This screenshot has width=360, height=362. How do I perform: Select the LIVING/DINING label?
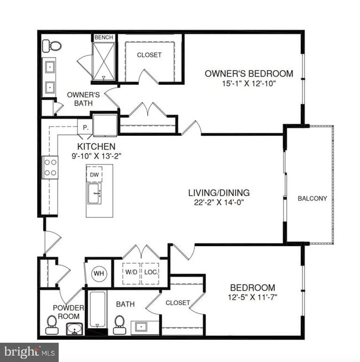(x=219, y=193)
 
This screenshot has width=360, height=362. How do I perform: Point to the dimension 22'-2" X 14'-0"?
(x=219, y=202)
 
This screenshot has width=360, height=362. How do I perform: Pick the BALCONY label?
(x=312, y=198)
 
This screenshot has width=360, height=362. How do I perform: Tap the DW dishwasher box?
(x=94, y=175)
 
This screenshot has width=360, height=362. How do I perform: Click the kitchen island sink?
(x=94, y=194)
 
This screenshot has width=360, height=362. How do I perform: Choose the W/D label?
(x=131, y=272)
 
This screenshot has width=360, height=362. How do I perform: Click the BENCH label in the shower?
(x=104, y=38)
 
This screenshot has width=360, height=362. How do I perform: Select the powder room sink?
(x=74, y=329)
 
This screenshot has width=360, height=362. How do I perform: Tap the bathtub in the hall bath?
(x=97, y=312)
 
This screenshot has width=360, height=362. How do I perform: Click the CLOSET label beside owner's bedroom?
(x=150, y=55)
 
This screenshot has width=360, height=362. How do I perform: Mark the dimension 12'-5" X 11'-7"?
(x=253, y=298)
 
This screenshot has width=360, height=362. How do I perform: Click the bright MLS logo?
(x=29, y=351)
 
